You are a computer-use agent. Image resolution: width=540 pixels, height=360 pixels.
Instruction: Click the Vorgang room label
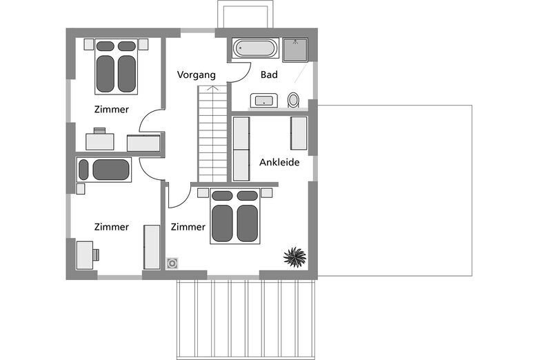point(197,75)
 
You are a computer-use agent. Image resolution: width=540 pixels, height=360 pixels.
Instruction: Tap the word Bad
point(269,74)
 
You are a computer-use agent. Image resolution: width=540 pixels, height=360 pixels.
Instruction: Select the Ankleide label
point(279,162)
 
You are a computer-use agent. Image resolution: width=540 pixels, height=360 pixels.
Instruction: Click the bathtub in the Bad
point(256,48)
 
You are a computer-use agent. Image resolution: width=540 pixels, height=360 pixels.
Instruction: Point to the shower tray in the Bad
point(295,50)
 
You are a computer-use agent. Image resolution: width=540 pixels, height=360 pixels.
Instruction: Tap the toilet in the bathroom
point(293,100)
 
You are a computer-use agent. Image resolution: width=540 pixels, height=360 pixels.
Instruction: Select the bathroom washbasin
point(264,101)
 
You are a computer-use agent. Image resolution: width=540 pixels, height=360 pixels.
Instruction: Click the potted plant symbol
point(294,257)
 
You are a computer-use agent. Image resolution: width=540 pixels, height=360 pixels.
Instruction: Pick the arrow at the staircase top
point(213,88)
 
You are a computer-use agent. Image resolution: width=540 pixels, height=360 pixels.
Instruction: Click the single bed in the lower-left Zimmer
point(104,170)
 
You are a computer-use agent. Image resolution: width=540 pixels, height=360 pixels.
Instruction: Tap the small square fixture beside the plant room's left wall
point(172,263)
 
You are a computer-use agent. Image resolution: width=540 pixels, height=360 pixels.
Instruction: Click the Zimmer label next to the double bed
point(188,227)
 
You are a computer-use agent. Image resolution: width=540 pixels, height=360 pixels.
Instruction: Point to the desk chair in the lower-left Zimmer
point(96,254)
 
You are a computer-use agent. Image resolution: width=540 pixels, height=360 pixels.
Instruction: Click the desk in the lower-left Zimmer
point(84,255)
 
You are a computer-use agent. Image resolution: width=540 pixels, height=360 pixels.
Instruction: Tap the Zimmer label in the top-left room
point(112,110)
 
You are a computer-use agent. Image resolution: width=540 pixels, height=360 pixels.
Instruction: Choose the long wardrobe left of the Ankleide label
point(241,149)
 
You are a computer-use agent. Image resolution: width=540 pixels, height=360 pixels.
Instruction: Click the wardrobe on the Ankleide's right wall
point(299,133)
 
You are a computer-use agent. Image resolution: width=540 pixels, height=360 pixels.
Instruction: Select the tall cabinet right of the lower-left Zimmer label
point(152,247)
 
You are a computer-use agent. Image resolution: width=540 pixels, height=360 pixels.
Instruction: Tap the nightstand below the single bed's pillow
point(81,189)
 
